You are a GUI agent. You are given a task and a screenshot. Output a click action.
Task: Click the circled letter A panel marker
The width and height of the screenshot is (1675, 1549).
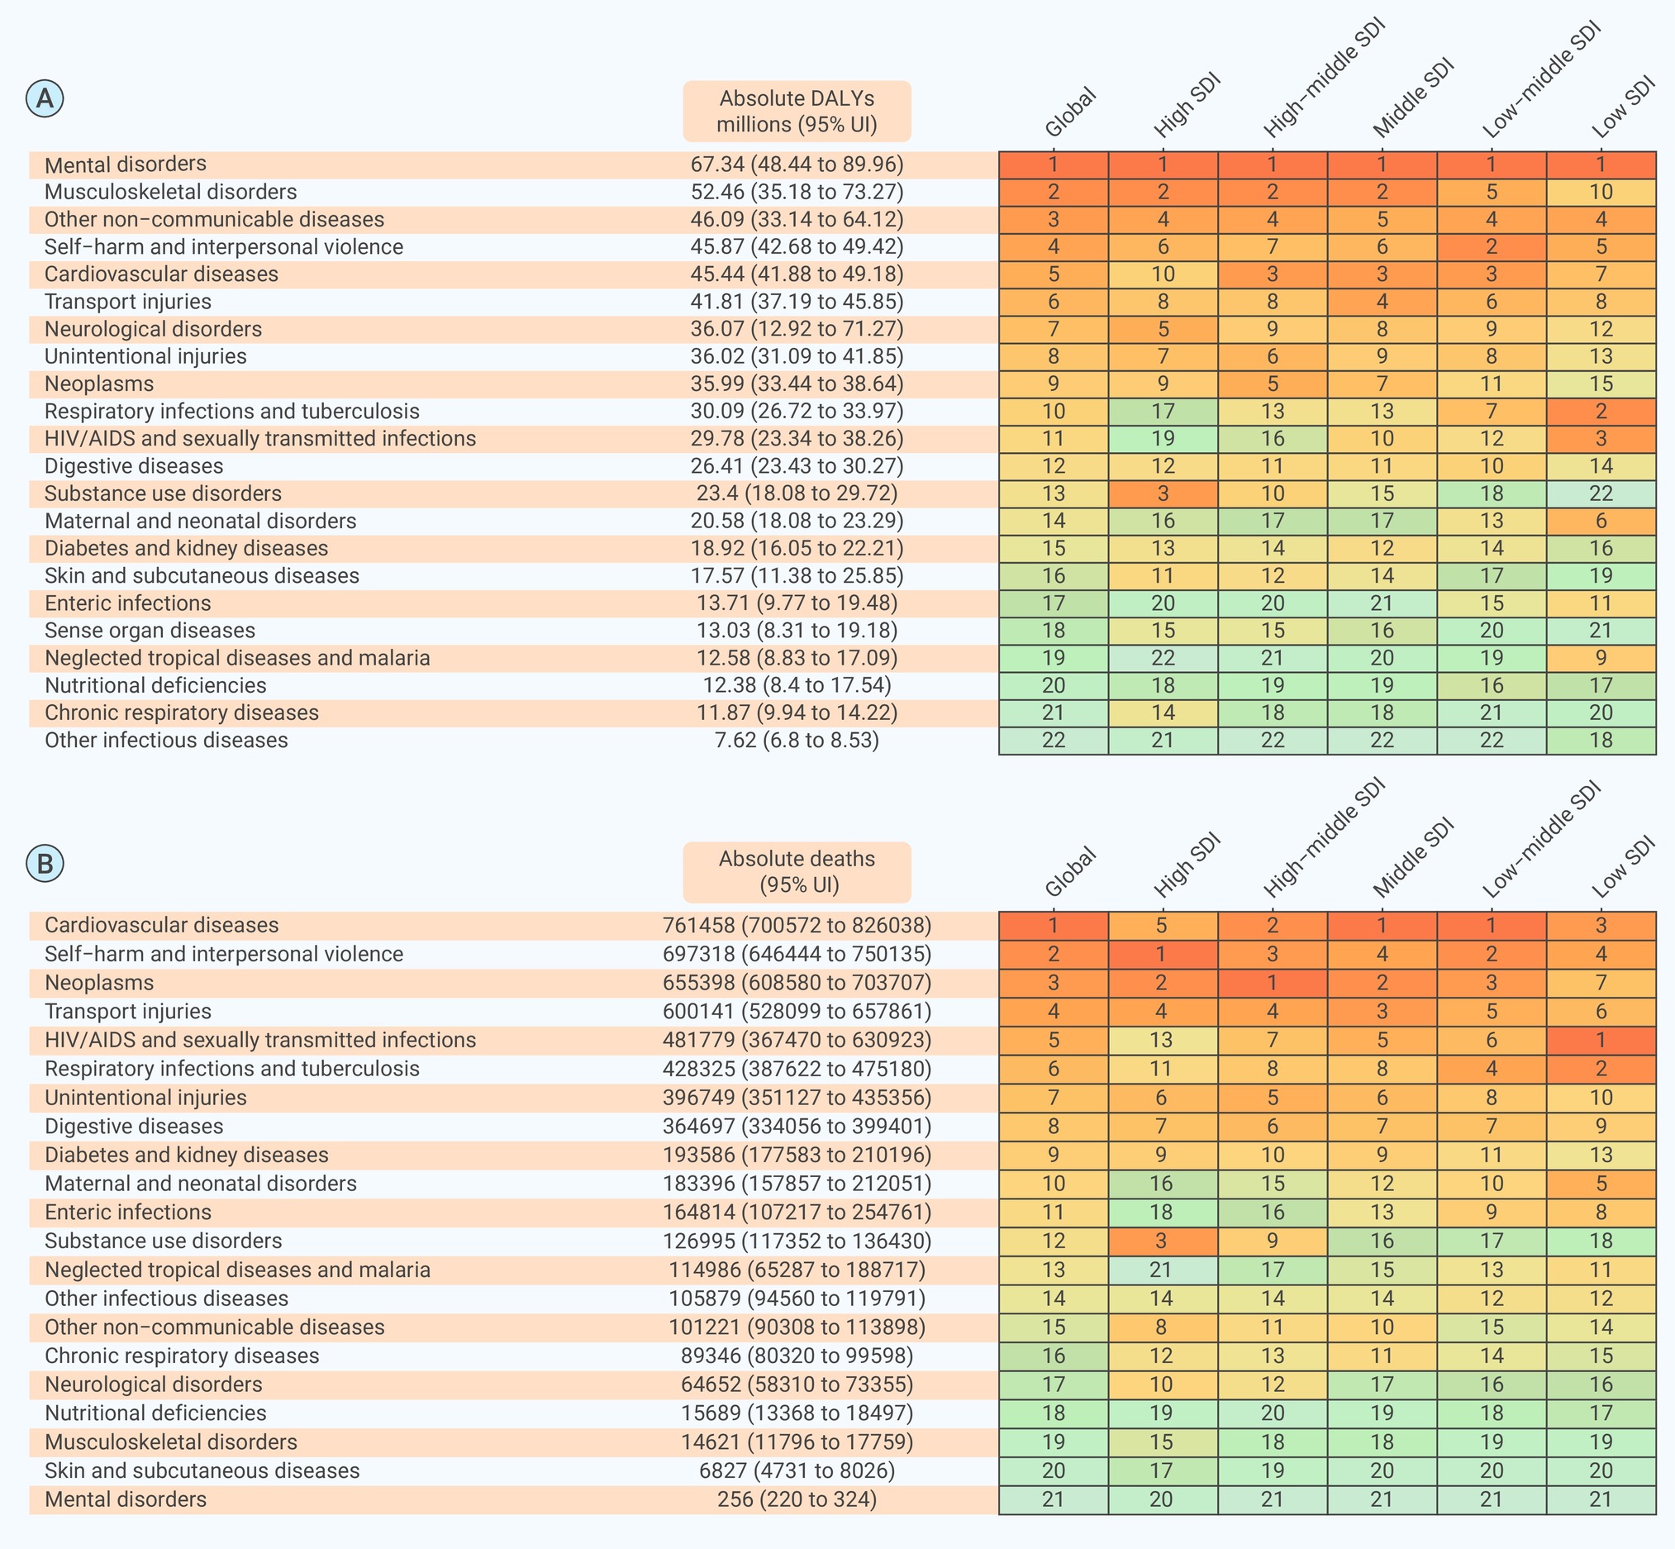(45, 98)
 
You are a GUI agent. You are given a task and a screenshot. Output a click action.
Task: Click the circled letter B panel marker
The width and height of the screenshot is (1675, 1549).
(45, 863)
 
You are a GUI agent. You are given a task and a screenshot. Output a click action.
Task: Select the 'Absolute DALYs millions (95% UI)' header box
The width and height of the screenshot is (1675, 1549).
(797, 112)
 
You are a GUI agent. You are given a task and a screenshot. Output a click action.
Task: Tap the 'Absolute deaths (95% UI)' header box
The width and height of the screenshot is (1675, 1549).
(797, 872)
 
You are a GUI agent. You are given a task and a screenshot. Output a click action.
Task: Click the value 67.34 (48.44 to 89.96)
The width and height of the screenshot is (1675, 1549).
(797, 164)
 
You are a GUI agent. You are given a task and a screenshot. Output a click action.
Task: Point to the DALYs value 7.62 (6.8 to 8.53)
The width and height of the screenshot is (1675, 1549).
(797, 740)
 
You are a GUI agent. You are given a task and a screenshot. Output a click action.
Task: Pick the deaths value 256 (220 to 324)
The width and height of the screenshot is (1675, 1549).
(797, 1499)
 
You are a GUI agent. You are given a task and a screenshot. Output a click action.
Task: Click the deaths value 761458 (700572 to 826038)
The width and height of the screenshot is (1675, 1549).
(797, 926)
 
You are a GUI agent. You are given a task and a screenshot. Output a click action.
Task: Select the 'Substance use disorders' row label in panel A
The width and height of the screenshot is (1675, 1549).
(164, 493)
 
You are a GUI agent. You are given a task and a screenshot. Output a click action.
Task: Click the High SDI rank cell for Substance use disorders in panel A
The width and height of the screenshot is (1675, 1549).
(1163, 493)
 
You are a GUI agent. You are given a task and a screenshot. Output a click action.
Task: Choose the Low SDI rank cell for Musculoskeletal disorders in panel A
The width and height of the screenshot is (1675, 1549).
(1601, 192)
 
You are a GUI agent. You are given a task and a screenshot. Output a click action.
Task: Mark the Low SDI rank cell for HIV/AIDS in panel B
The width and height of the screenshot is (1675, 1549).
(1601, 1040)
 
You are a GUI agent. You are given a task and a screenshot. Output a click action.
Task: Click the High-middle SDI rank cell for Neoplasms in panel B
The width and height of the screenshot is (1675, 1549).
(1273, 982)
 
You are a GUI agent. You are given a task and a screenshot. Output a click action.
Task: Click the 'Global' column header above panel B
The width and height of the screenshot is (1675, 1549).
(1070, 872)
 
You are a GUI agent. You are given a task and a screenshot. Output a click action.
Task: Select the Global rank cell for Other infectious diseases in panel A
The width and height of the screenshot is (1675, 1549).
(1054, 740)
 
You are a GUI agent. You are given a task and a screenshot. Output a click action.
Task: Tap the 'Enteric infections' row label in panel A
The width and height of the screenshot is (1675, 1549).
(128, 603)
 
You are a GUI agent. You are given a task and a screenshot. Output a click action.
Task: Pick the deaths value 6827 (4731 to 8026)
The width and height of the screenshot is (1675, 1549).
(797, 1470)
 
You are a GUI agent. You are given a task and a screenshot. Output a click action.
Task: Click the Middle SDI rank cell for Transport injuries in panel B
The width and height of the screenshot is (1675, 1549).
(1382, 1012)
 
